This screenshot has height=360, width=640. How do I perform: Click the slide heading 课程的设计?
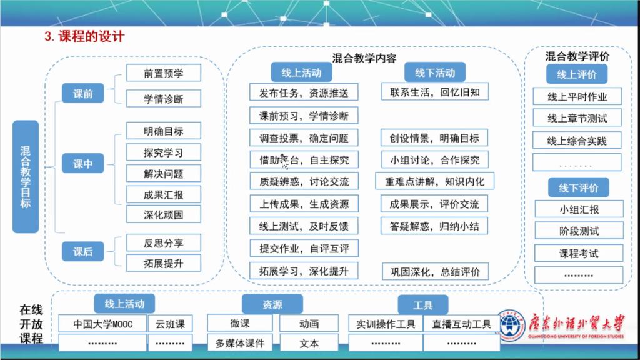(84, 36)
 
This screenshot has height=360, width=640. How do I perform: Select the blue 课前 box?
(83, 94)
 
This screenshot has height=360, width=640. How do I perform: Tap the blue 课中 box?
(83, 164)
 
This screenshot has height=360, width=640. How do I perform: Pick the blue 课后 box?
(83, 252)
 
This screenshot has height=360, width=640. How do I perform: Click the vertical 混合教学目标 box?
(26, 177)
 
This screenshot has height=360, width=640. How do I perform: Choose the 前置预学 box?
(164, 73)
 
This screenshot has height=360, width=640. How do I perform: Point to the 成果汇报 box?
(164, 194)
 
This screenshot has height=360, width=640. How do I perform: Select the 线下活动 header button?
(435, 72)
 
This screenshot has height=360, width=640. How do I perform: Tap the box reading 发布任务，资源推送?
(304, 93)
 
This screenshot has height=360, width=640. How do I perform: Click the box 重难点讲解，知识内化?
(435, 182)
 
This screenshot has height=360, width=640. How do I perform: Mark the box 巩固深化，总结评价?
(435, 271)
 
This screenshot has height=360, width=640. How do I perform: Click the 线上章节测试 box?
(577, 118)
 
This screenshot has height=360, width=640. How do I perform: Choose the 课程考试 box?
(578, 253)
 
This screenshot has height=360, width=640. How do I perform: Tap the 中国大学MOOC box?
(103, 324)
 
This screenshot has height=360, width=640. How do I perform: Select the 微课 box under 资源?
(241, 323)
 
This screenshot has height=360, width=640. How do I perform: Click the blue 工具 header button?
(423, 305)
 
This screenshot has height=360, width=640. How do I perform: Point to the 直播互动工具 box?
(461, 324)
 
